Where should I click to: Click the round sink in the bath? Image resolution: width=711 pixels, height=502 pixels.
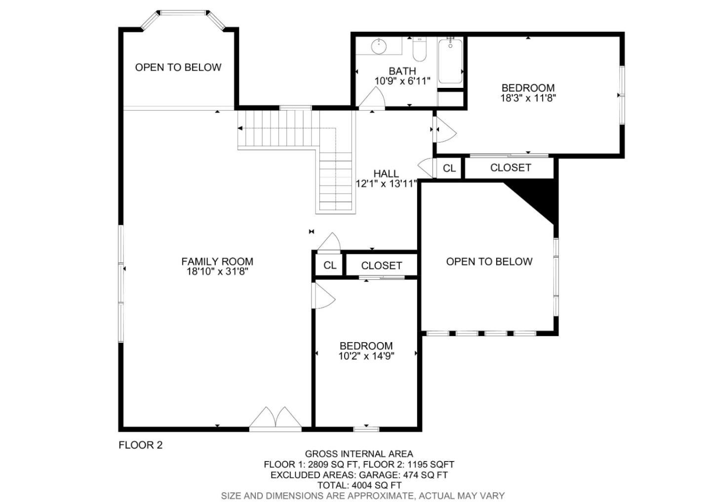pyautogui.click(x=379, y=46)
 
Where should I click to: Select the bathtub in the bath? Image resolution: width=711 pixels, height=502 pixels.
pyautogui.click(x=450, y=61)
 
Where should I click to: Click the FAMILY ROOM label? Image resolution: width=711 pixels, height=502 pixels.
pyautogui.click(x=217, y=262)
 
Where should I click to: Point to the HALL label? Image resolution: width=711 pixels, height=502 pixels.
pyautogui.click(x=386, y=174)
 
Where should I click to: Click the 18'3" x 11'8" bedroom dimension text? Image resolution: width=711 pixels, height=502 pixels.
pyautogui.click(x=528, y=98)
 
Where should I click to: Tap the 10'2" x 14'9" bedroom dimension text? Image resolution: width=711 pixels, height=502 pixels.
pyautogui.click(x=366, y=356)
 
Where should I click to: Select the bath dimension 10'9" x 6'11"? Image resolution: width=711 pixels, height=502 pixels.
pyautogui.click(x=402, y=81)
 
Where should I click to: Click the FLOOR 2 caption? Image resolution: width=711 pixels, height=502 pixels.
pyautogui.click(x=141, y=445)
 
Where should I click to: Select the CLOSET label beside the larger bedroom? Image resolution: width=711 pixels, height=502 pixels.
pyautogui.click(x=511, y=167)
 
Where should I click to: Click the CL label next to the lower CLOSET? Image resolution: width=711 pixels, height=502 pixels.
pyautogui.click(x=330, y=265)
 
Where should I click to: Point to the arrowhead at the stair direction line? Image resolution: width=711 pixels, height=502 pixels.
pyautogui.click(x=240, y=128)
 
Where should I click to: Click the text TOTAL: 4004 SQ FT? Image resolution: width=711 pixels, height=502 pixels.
pyautogui.click(x=359, y=485)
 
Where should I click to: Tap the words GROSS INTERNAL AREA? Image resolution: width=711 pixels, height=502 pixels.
pyautogui.click(x=359, y=454)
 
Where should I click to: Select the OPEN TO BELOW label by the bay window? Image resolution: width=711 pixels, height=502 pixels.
pyautogui.click(x=178, y=67)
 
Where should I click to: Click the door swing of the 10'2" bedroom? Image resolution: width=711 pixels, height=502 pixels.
pyautogui.click(x=324, y=296)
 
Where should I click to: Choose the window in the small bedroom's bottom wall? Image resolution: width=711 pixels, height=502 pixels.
pyautogui.click(x=366, y=429)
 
